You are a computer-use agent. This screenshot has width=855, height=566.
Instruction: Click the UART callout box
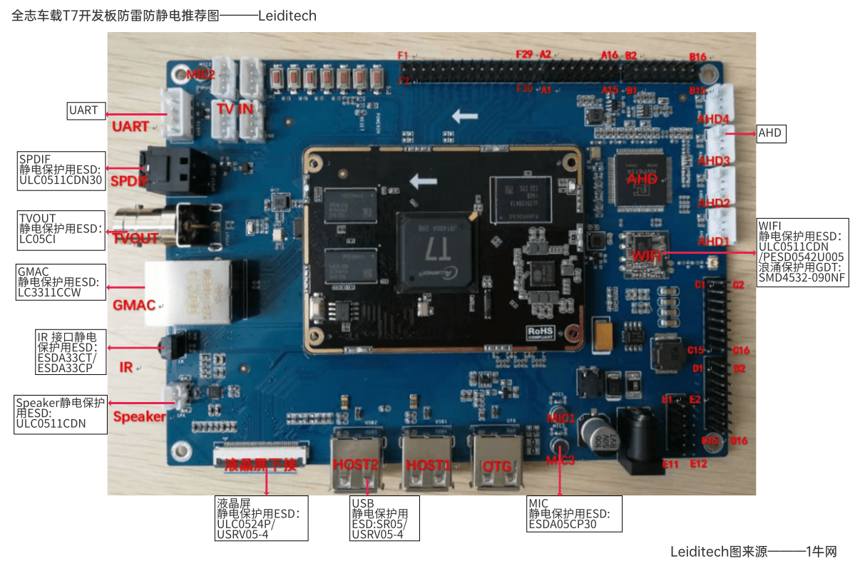click(x=84, y=110)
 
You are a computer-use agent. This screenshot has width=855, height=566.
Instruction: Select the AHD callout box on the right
click(x=770, y=133)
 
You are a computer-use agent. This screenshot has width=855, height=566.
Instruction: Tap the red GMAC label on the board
click(x=134, y=305)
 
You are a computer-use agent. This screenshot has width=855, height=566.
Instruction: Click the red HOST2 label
click(x=356, y=465)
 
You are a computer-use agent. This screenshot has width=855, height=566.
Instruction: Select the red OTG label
click(x=497, y=466)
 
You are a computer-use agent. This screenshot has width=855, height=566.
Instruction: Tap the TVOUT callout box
click(x=61, y=229)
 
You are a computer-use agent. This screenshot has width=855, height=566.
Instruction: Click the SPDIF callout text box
click(x=61, y=170)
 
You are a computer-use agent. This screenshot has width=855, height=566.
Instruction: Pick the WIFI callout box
click(x=802, y=252)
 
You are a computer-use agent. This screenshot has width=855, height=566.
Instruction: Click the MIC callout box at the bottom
click(x=573, y=513)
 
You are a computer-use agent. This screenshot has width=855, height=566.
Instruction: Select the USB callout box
click(x=384, y=518)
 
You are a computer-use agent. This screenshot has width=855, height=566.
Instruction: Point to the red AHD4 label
click(x=713, y=119)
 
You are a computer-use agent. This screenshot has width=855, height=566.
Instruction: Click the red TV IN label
click(x=235, y=109)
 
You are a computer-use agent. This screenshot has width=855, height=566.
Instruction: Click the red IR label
click(x=126, y=368)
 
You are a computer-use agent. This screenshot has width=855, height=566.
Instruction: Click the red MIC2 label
click(x=200, y=74)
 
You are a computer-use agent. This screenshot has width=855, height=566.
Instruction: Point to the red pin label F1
click(x=403, y=56)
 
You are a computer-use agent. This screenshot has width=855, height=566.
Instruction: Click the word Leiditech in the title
click(x=287, y=16)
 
